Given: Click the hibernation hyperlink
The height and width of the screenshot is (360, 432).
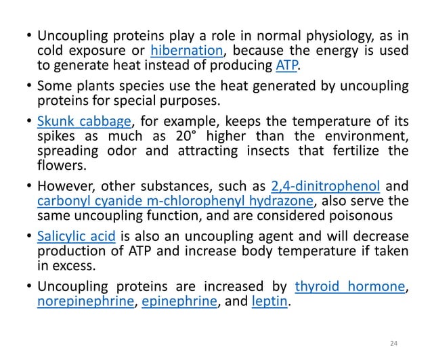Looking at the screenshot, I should point(187,50).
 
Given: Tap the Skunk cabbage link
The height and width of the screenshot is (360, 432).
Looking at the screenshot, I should point(84,122).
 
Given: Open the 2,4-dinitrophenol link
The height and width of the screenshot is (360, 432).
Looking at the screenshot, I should point(326,185).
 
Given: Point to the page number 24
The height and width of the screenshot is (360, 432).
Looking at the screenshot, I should point(396,345).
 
